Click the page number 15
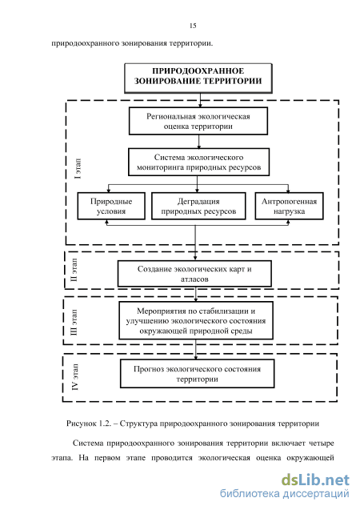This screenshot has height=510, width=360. (193, 26)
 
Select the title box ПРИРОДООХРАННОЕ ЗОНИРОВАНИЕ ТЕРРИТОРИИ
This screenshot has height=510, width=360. (198, 78)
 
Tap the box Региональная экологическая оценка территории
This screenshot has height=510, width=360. (198, 121)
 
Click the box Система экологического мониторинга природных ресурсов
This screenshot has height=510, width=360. (199, 162)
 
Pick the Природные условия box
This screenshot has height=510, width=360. (111, 206)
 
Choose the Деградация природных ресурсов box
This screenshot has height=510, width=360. (198, 206)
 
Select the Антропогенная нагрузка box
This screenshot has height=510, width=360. (289, 206)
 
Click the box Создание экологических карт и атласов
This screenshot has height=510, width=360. (194, 274)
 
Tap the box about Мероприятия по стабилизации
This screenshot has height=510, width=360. (196, 320)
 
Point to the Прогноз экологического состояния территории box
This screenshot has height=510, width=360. (198, 373)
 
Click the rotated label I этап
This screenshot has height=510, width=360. (78, 169)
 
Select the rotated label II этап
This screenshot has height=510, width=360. (74, 270)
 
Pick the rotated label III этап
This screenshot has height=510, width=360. (74, 322)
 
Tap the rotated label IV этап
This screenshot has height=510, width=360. (74, 376)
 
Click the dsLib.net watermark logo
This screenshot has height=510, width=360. (315, 480)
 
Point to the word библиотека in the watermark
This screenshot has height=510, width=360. (250, 493)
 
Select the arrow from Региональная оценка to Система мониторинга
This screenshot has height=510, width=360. (198, 142)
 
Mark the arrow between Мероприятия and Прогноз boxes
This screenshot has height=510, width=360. (195, 349)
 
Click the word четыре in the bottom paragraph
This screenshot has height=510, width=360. (322, 443)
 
